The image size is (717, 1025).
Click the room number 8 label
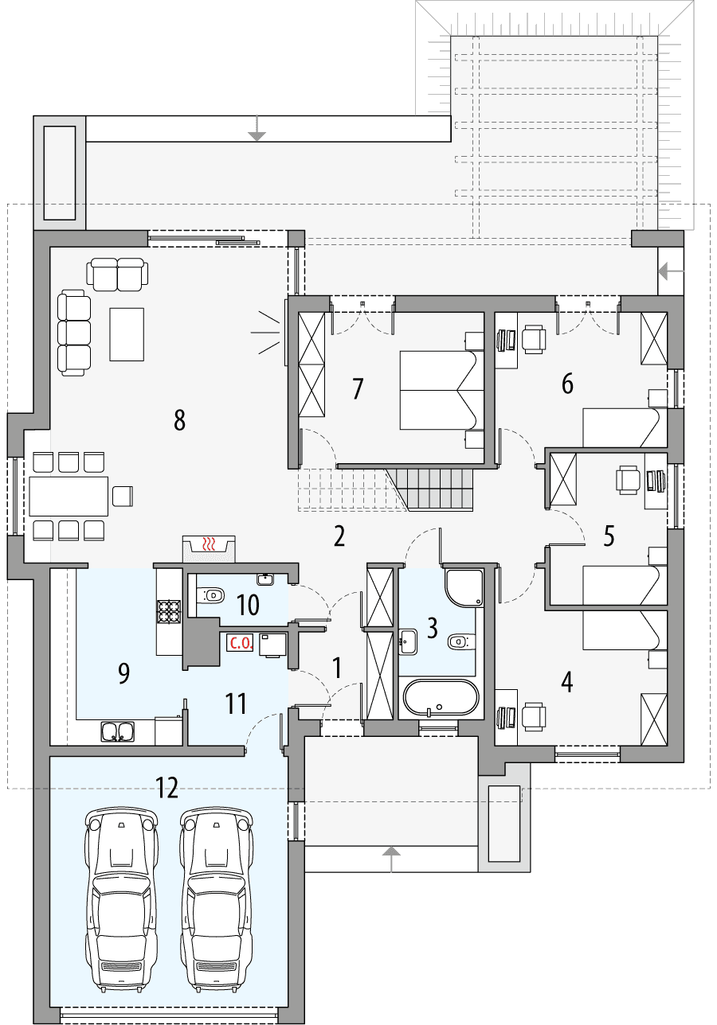pyautogui.click(x=179, y=420)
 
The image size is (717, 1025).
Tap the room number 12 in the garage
pyautogui.click(x=167, y=788)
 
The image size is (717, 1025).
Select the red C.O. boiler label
pyautogui.click(x=241, y=644)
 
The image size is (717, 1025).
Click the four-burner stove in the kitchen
pyautogui.click(x=169, y=611)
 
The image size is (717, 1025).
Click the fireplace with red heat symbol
pyautogui.click(x=209, y=546)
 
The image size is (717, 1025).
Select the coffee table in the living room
pyautogui.click(x=127, y=333)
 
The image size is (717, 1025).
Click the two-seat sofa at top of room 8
pyautogui.click(x=118, y=274)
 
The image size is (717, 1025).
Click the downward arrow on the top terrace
pyautogui.click(x=256, y=128)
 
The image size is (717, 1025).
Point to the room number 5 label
pyautogui.click(x=609, y=536)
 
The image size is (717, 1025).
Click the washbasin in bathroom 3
pyautogui.click(x=409, y=640)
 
